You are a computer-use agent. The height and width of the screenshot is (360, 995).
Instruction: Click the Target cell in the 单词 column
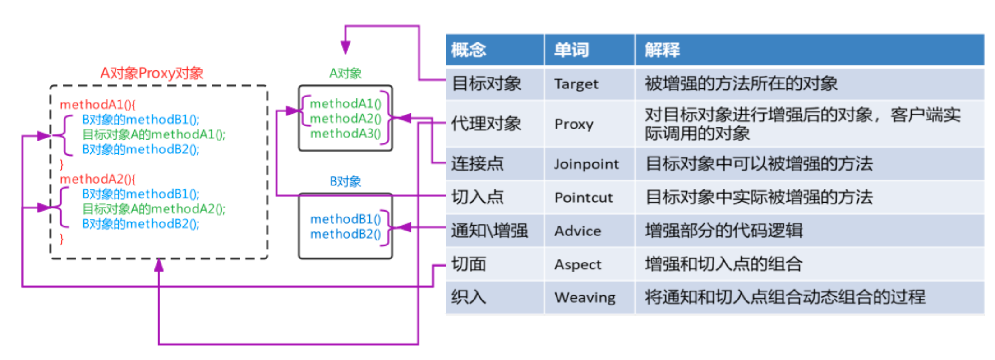pos(576,84)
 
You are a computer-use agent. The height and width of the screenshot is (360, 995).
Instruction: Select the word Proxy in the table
pos(574,124)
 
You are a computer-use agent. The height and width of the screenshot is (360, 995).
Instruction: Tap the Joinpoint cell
pos(586,164)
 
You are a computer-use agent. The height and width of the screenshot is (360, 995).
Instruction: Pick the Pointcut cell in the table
pos(584,197)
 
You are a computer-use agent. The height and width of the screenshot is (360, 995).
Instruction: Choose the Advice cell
pos(578,231)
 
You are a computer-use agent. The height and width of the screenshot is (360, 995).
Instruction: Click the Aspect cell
pos(578,264)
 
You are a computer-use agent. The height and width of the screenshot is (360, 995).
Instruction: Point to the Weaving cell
pos(585,297)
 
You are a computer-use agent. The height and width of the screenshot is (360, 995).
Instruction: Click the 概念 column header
pos(469,50)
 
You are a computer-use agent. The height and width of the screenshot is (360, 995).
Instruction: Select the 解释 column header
pos(662,50)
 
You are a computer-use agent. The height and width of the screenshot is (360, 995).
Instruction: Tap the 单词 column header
pos(571,50)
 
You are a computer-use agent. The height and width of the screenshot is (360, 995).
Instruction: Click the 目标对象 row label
pos(487,84)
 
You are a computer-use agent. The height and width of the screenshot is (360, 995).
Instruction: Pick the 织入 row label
pos(469,297)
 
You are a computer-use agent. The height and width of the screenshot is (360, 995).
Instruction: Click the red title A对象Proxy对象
pos(152,73)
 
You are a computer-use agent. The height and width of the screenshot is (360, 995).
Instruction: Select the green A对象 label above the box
pos(345,73)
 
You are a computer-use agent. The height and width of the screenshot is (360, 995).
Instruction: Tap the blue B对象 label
pos(345,181)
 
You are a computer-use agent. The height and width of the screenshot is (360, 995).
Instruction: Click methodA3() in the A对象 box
pos(345,134)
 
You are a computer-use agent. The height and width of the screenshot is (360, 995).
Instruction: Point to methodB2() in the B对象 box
pos(345,234)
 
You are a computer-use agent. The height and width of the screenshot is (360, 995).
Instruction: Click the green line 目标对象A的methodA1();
pos(153,134)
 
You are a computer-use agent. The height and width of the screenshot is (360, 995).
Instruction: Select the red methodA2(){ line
pos(97,179)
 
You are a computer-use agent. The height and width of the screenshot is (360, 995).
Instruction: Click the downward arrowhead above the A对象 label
pos(345,47)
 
